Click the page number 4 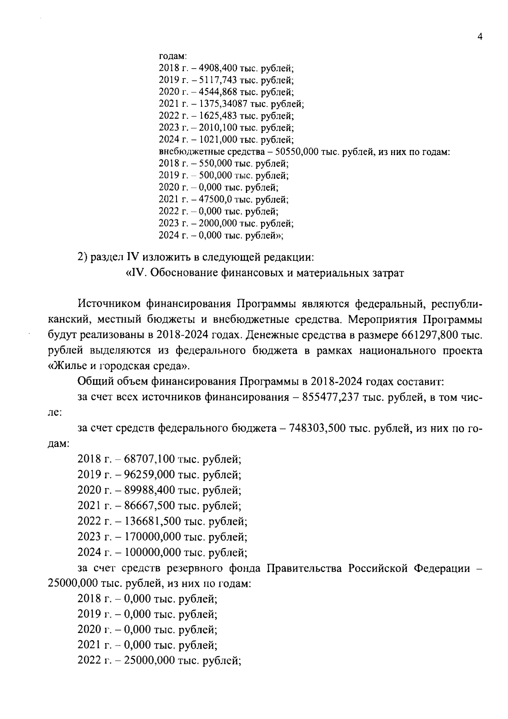pos(480,37)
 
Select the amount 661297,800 pos(429,335)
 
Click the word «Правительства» pos(304,568)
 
